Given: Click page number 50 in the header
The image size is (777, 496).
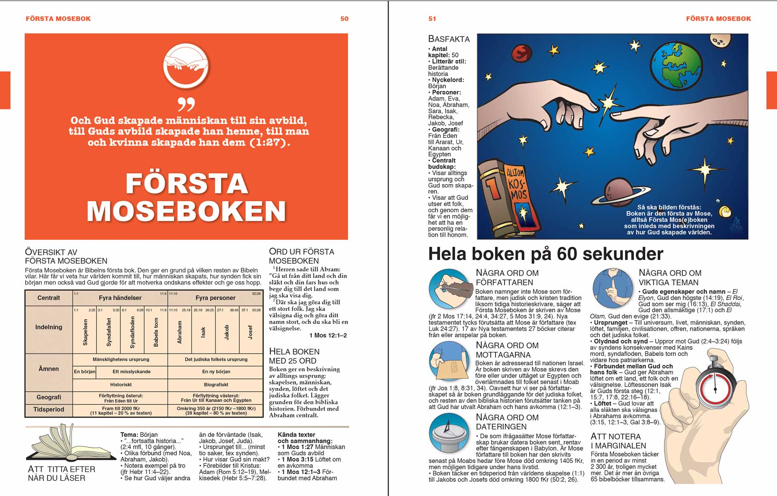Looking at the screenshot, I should pos(344,19).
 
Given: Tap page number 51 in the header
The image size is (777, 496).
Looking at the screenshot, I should pos(432,19).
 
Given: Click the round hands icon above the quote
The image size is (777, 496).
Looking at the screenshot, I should pos(186,67).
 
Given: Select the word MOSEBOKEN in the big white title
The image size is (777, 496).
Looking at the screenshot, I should pos(186,211).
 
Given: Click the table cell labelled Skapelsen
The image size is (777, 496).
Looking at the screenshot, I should pos(85,332).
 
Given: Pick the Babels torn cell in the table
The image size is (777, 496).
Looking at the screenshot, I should pos(156,332).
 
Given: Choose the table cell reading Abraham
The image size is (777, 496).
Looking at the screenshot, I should pos(180,332).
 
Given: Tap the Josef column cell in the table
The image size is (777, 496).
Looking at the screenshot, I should pos(250,332).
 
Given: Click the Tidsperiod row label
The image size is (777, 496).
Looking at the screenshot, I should pos(49,409).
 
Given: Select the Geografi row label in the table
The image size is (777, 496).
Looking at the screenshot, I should pos(49,397).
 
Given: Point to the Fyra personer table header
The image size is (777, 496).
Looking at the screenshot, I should pos(215,298).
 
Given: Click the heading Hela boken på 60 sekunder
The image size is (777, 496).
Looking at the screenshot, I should pos(546,254).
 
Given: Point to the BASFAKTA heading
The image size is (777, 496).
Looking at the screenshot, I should pos(449,39).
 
